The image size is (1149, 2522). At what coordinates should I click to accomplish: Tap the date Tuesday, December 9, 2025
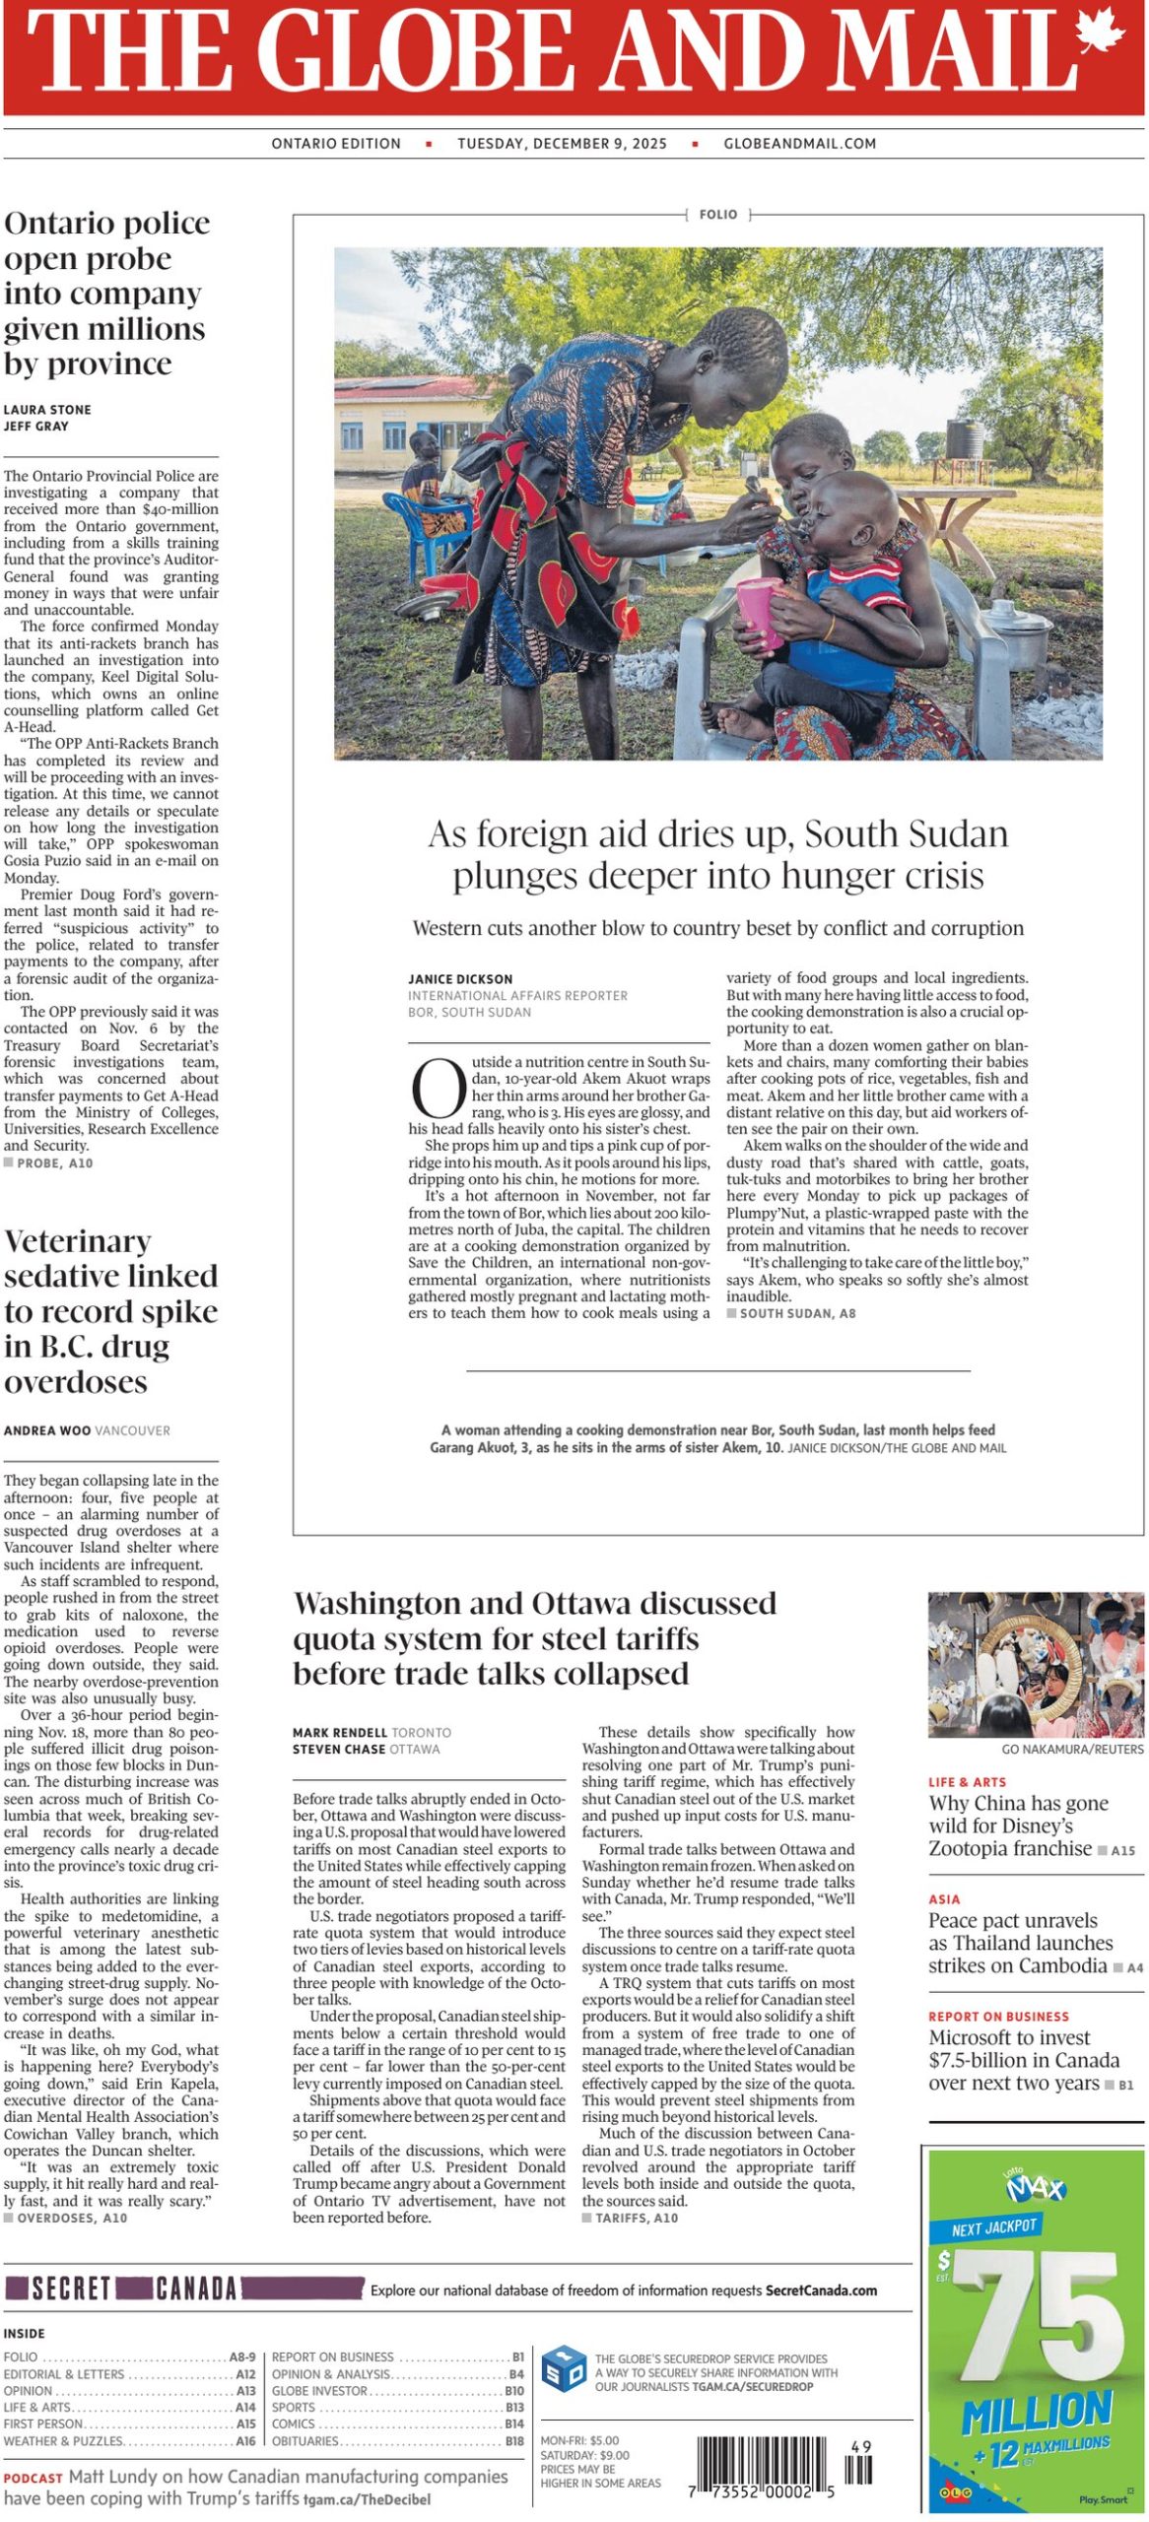tap(562, 144)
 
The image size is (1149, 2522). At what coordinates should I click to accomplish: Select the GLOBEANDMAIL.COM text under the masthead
tap(799, 144)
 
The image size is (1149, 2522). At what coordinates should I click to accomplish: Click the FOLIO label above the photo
tap(717, 215)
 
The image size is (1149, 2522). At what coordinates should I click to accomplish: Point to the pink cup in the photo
tap(760, 613)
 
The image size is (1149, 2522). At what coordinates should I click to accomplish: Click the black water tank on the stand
tap(964, 437)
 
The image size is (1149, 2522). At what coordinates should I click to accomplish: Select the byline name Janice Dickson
tap(460, 979)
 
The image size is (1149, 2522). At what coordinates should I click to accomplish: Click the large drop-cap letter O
tap(438, 1090)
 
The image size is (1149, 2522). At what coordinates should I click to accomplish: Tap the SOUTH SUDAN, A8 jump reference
tap(797, 1313)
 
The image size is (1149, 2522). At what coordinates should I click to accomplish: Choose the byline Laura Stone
tap(47, 410)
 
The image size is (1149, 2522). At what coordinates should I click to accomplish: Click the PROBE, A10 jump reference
tap(54, 1163)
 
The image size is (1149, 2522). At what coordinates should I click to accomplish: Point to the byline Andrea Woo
tap(47, 1430)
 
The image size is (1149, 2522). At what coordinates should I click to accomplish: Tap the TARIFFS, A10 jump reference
tap(637, 2218)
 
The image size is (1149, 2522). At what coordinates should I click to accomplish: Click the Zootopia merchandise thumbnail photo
tap(1036, 1665)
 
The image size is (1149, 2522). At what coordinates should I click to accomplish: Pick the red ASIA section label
tap(944, 1899)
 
